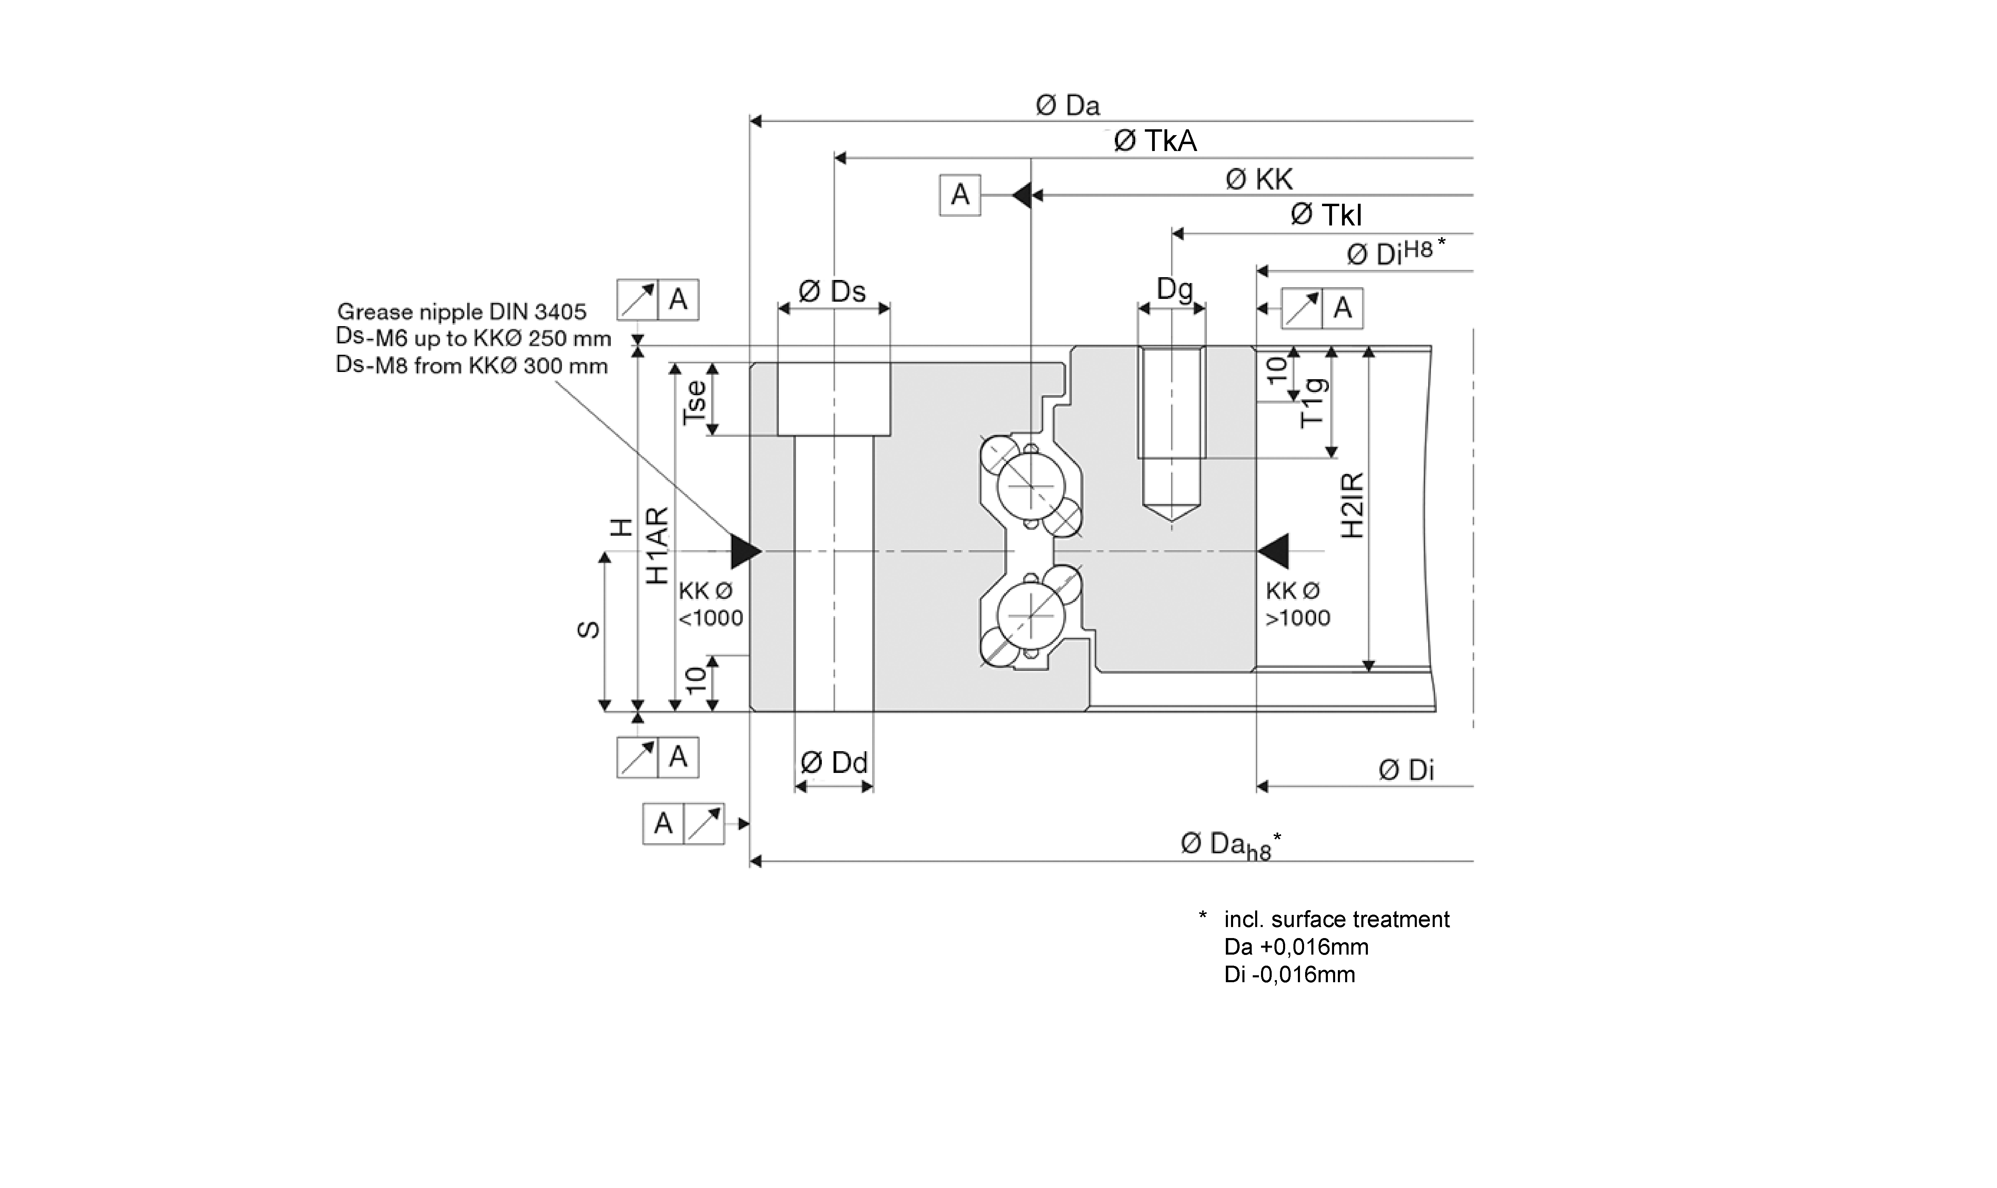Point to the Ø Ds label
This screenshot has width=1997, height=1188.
click(x=833, y=291)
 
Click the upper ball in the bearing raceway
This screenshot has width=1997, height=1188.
click(x=1031, y=485)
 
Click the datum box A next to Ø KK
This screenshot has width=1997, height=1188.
click(x=960, y=194)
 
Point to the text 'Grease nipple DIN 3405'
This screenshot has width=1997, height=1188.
click(x=462, y=311)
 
